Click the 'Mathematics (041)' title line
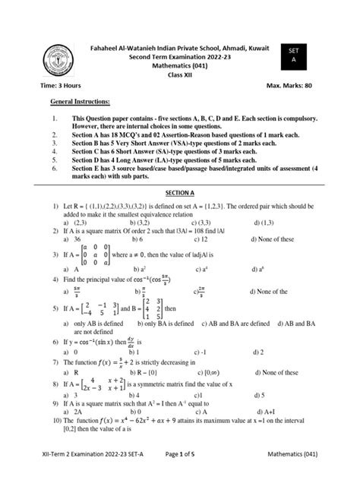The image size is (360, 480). (180, 65)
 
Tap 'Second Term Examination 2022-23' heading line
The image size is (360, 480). (180, 55)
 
